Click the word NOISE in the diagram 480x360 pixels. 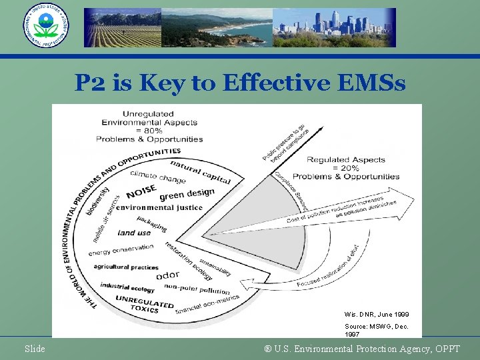[x=141, y=191]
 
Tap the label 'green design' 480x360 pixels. [x=187, y=194]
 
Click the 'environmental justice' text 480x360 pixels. [x=159, y=207]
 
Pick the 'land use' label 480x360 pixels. [x=134, y=233]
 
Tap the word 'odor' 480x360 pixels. [x=167, y=275]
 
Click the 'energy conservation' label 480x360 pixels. [x=121, y=249]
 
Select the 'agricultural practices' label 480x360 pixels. [x=126, y=267]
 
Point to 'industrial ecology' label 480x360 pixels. [x=127, y=287]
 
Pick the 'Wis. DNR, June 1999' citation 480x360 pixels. [x=377, y=314]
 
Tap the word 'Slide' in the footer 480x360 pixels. [x=35, y=349]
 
